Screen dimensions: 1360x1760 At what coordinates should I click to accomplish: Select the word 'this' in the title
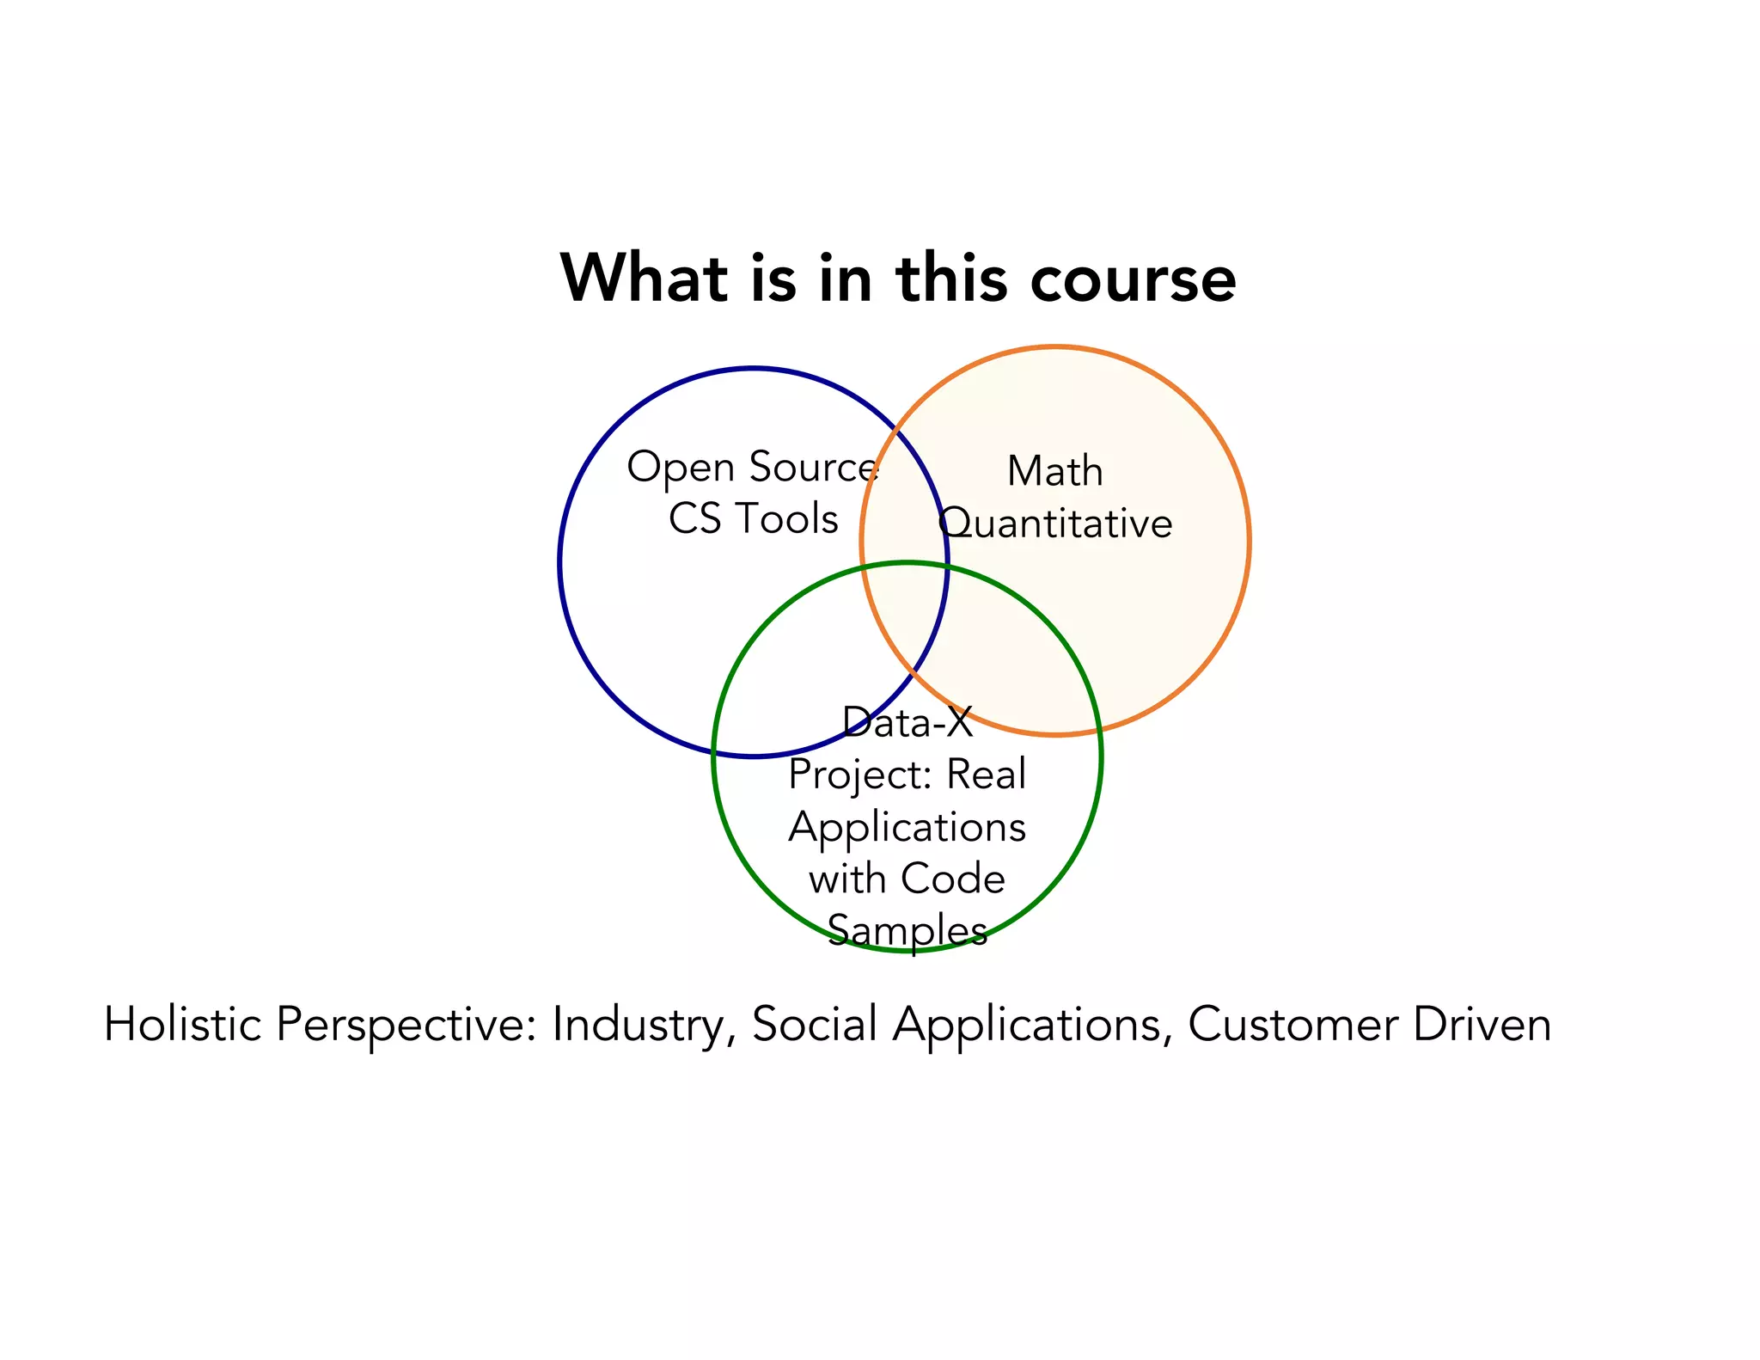pyautogui.click(x=951, y=278)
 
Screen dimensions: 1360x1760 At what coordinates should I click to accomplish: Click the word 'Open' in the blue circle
pyautogui.click(x=680, y=469)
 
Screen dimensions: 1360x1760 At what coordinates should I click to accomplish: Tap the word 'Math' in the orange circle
pyautogui.click(x=1054, y=471)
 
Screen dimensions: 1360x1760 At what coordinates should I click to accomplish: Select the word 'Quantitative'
pyautogui.click(x=1055, y=524)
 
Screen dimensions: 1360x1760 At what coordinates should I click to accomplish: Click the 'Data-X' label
pyautogui.click(x=907, y=722)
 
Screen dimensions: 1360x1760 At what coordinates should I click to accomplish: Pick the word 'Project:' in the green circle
pyautogui.click(x=860, y=775)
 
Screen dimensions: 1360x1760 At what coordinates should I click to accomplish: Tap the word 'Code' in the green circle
pyautogui.click(x=953, y=879)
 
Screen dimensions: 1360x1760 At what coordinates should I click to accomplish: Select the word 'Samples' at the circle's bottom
pyautogui.click(x=907, y=930)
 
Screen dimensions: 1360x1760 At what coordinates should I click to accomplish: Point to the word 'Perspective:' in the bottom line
pyautogui.click(x=406, y=1026)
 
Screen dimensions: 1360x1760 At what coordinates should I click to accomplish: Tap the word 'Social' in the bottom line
pyautogui.click(x=815, y=1024)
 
